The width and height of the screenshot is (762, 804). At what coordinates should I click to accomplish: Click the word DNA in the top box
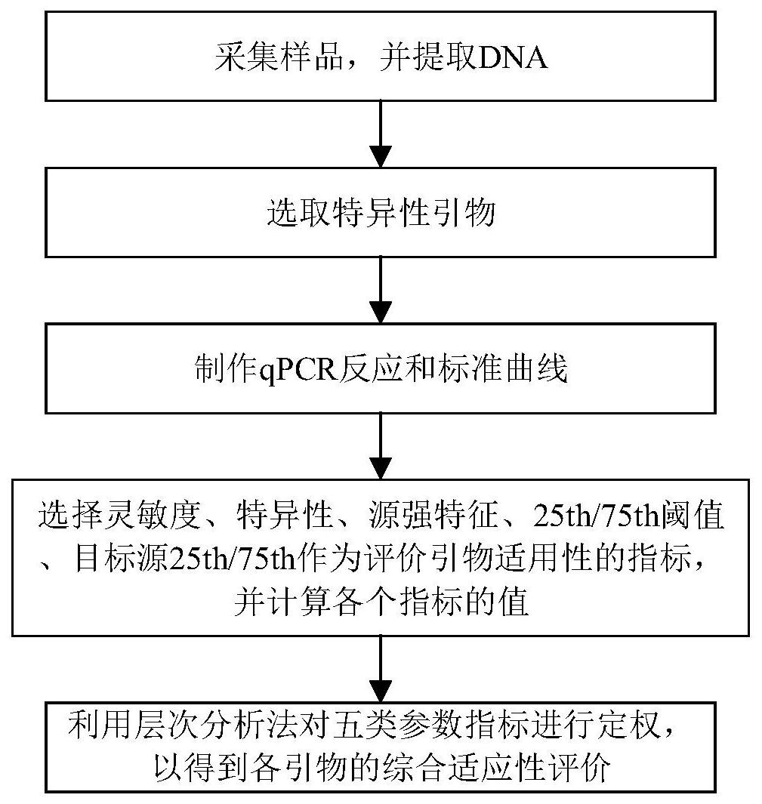point(512,57)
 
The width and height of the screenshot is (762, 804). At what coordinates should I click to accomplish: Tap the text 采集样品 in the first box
point(279,57)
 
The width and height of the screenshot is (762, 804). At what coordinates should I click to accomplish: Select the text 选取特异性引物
point(381,212)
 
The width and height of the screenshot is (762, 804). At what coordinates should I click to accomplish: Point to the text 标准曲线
point(503,368)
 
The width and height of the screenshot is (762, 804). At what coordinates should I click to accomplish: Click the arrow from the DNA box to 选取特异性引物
point(381,134)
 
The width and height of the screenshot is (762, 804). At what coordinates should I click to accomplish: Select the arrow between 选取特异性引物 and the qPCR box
point(381,290)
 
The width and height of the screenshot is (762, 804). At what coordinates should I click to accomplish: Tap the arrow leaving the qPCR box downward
point(381,446)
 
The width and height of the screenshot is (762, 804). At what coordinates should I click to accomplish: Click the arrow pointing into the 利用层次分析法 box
point(381,669)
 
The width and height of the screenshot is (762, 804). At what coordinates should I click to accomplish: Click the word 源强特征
point(433,515)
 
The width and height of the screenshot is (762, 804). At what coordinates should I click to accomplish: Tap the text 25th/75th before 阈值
point(596,516)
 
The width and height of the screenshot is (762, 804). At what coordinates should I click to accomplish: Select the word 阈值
point(692,515)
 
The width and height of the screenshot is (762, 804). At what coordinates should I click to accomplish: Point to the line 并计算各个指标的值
point(381,601)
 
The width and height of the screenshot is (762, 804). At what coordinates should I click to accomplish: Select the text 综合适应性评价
point(496,768)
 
